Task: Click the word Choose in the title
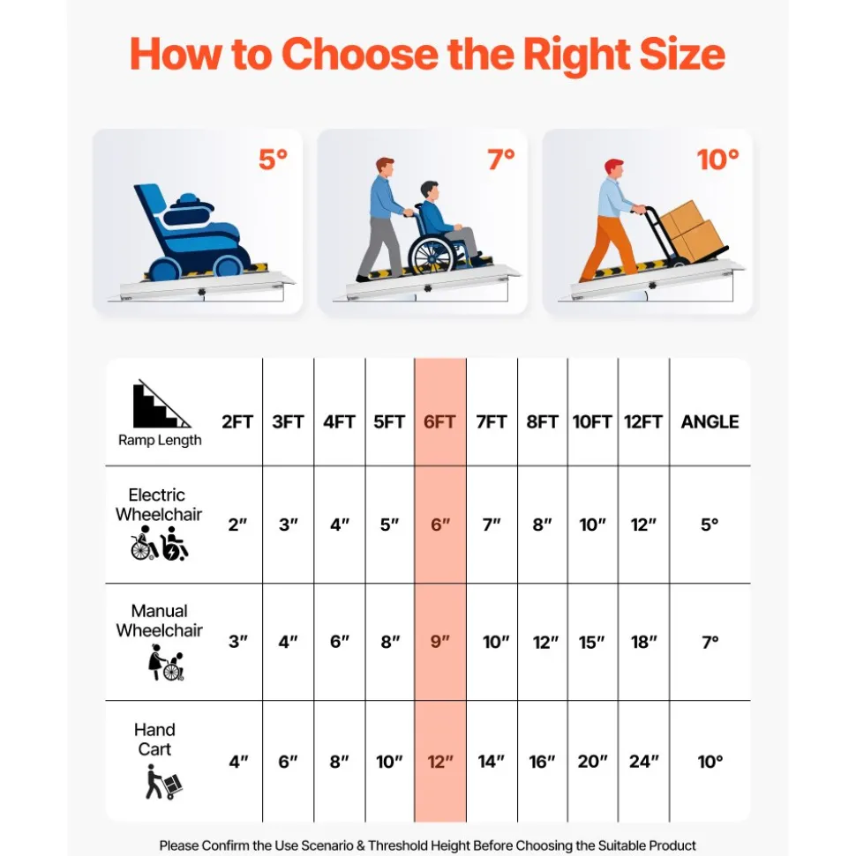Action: [360, 55]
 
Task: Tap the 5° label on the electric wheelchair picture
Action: [274, 160]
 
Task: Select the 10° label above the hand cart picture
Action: [717, 160]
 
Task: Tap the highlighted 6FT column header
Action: [439, 422]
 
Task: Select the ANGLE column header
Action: [710, 422]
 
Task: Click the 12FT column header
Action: [642, 422]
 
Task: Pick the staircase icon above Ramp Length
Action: [160, 404]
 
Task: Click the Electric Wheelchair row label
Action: [159, 504]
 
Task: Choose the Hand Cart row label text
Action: [154, 739]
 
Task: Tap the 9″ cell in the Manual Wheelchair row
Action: [440, 641]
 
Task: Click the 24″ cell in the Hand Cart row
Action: [644, 761]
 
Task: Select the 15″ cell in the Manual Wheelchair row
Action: [592, 642]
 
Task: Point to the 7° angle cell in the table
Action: [710, 642]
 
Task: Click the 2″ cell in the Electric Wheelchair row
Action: [237, 525]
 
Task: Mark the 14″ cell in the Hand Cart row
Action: [491, 761]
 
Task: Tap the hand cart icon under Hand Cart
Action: [163, 782]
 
